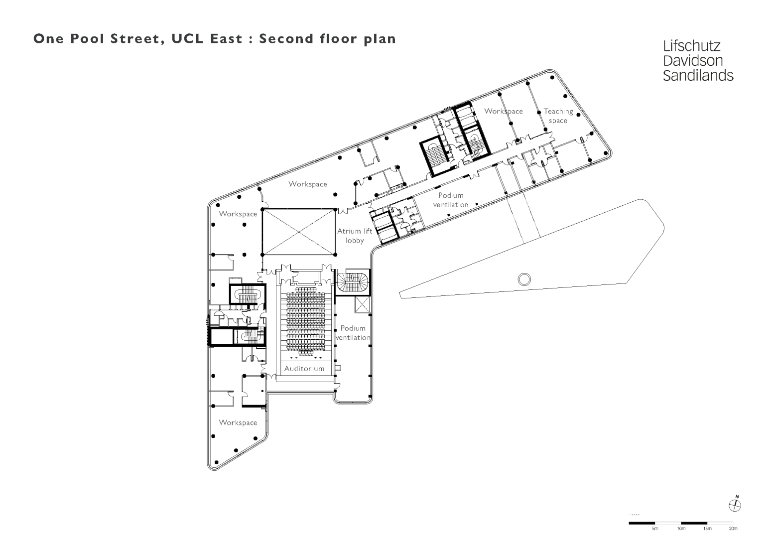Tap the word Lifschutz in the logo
(692, 46)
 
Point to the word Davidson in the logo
(692, 61)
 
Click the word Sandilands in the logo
(698, 76)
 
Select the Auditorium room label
(304, 369)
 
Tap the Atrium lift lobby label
(355, 236)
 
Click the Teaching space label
(558, 116)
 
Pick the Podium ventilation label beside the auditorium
(353, 332)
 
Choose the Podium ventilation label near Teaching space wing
(450, 200)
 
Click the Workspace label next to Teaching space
(504, 111)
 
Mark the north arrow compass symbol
(735, 506)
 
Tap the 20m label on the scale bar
(733, 528)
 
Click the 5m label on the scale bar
(655, 528)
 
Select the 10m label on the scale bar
(681, 528)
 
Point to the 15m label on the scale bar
(707, 528)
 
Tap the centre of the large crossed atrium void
(299, 232)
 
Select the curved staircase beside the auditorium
(353, 282)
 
